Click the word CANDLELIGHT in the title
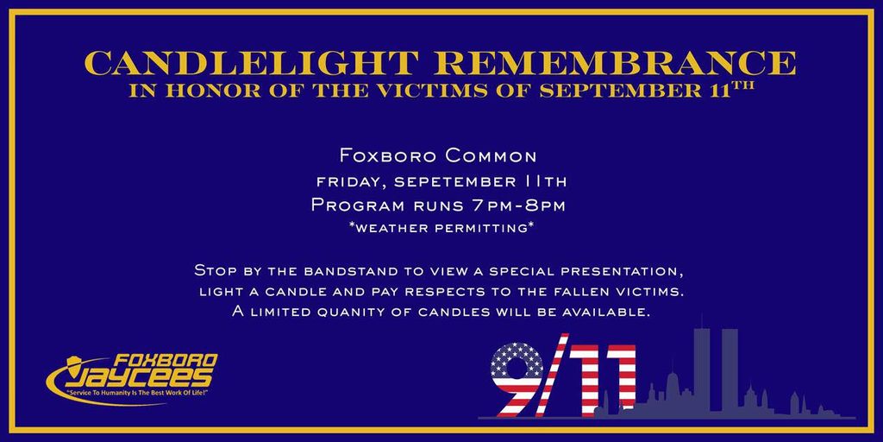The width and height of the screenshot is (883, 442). (252, 63)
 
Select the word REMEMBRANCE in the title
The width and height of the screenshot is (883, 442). (616, 63)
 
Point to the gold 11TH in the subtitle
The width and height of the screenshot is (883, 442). (730, 90)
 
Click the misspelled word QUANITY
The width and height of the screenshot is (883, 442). (354, 313)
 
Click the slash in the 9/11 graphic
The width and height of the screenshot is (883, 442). (553, 376)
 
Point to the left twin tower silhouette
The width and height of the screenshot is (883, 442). (702, 372)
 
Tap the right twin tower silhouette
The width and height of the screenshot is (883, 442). (730, 372)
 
